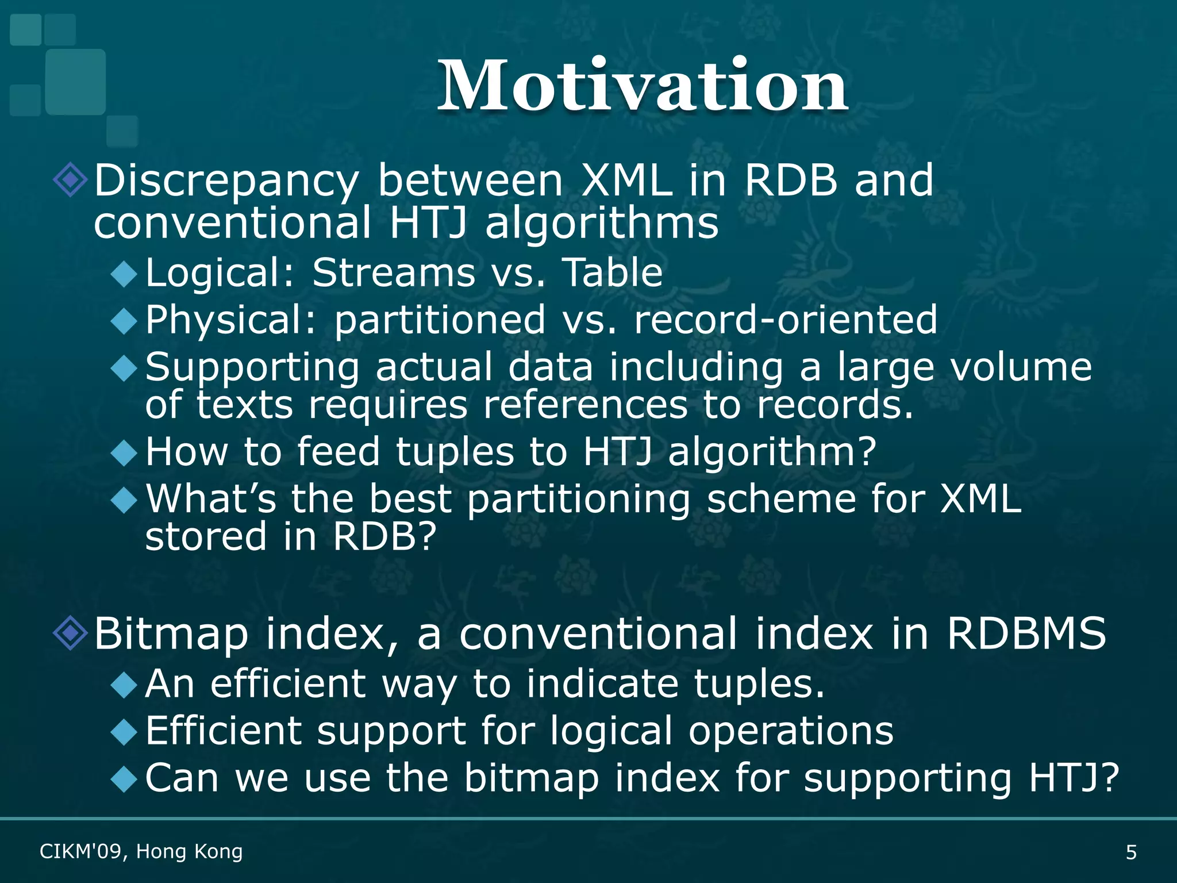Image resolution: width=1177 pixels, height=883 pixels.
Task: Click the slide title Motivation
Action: point(643,86)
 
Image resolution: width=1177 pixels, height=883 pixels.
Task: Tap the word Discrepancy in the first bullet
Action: point(226,181)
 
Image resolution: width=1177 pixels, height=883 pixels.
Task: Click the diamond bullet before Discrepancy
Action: point(70,180)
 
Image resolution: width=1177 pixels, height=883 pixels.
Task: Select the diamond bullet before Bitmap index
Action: point(70,633)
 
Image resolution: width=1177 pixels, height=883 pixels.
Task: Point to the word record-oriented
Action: point(785,320)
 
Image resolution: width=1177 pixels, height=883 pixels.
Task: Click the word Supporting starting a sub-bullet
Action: point(252,368)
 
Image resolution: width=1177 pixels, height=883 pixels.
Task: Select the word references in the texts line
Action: point(585,405)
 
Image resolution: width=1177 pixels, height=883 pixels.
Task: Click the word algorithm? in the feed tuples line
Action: point(772,452)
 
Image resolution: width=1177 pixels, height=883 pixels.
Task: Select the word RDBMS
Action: point(1026,634)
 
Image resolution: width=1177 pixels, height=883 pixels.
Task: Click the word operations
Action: point(791,731)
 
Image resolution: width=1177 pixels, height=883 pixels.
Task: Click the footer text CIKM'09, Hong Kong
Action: point(141,851)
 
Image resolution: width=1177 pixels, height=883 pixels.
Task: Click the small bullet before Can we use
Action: point(124,780)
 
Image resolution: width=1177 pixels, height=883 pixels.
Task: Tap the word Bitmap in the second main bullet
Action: point(171,634)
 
